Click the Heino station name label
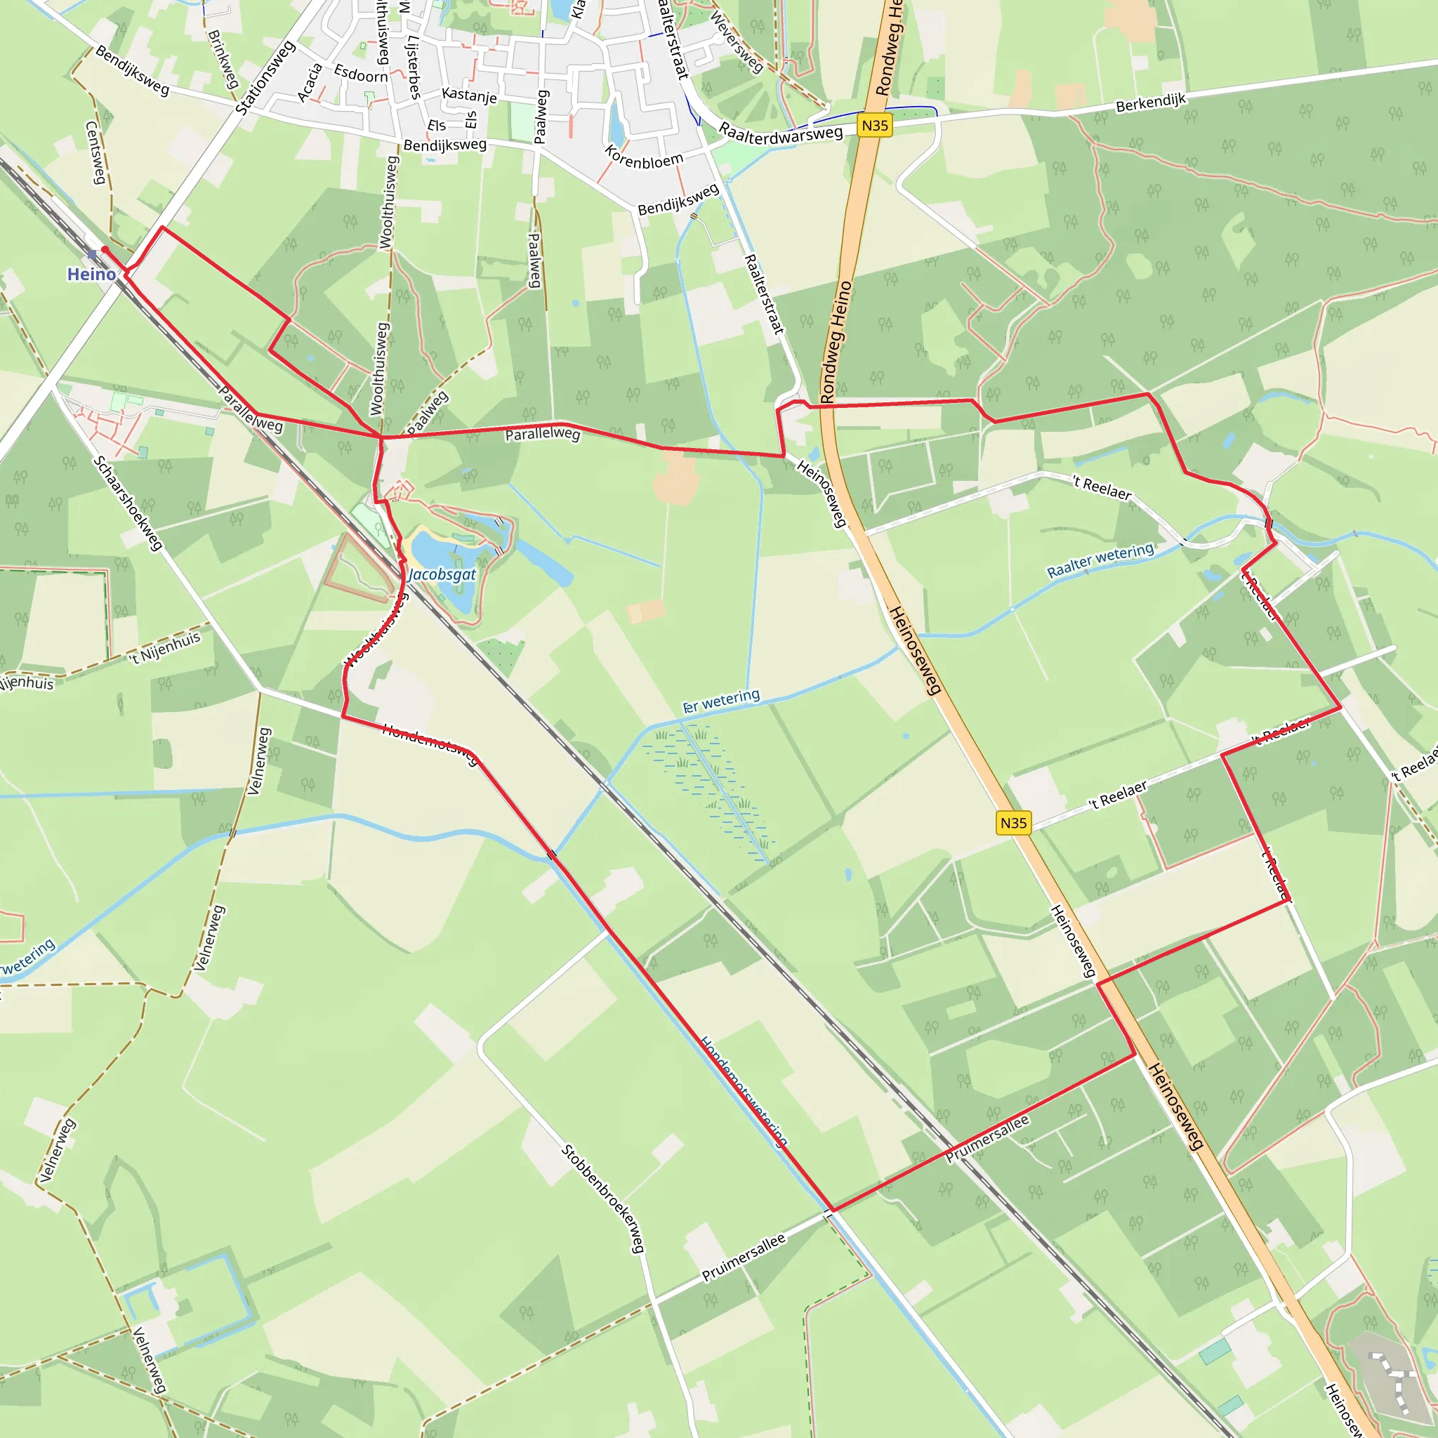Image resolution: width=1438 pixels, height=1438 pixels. (91, 275)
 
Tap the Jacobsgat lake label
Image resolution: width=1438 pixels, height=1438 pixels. (442, 574)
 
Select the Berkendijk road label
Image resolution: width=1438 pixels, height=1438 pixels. (1150, 103)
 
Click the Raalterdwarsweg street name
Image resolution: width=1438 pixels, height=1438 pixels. (780, 133)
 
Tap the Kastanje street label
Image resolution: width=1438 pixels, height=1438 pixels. (469, 95)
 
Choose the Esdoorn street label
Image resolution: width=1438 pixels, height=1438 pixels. (361, 74)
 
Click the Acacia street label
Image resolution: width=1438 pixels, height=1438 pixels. (310, 82)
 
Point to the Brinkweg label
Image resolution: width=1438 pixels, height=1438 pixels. (223, 59)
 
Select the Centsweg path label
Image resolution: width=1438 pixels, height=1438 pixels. (95, 152)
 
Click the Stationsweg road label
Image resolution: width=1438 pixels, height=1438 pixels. (265, 78)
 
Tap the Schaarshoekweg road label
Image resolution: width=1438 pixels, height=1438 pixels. (127, 503)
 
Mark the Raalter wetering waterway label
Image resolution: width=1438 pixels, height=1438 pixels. (1100, 560)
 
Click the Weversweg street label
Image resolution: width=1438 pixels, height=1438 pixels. (736, 42)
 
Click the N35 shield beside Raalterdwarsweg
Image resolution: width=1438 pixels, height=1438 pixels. (875, 125)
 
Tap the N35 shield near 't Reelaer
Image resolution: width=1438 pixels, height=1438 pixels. (1013, 822)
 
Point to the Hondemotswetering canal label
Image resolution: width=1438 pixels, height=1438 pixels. (744, 1091)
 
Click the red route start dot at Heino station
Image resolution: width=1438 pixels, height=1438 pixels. (105, 249)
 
